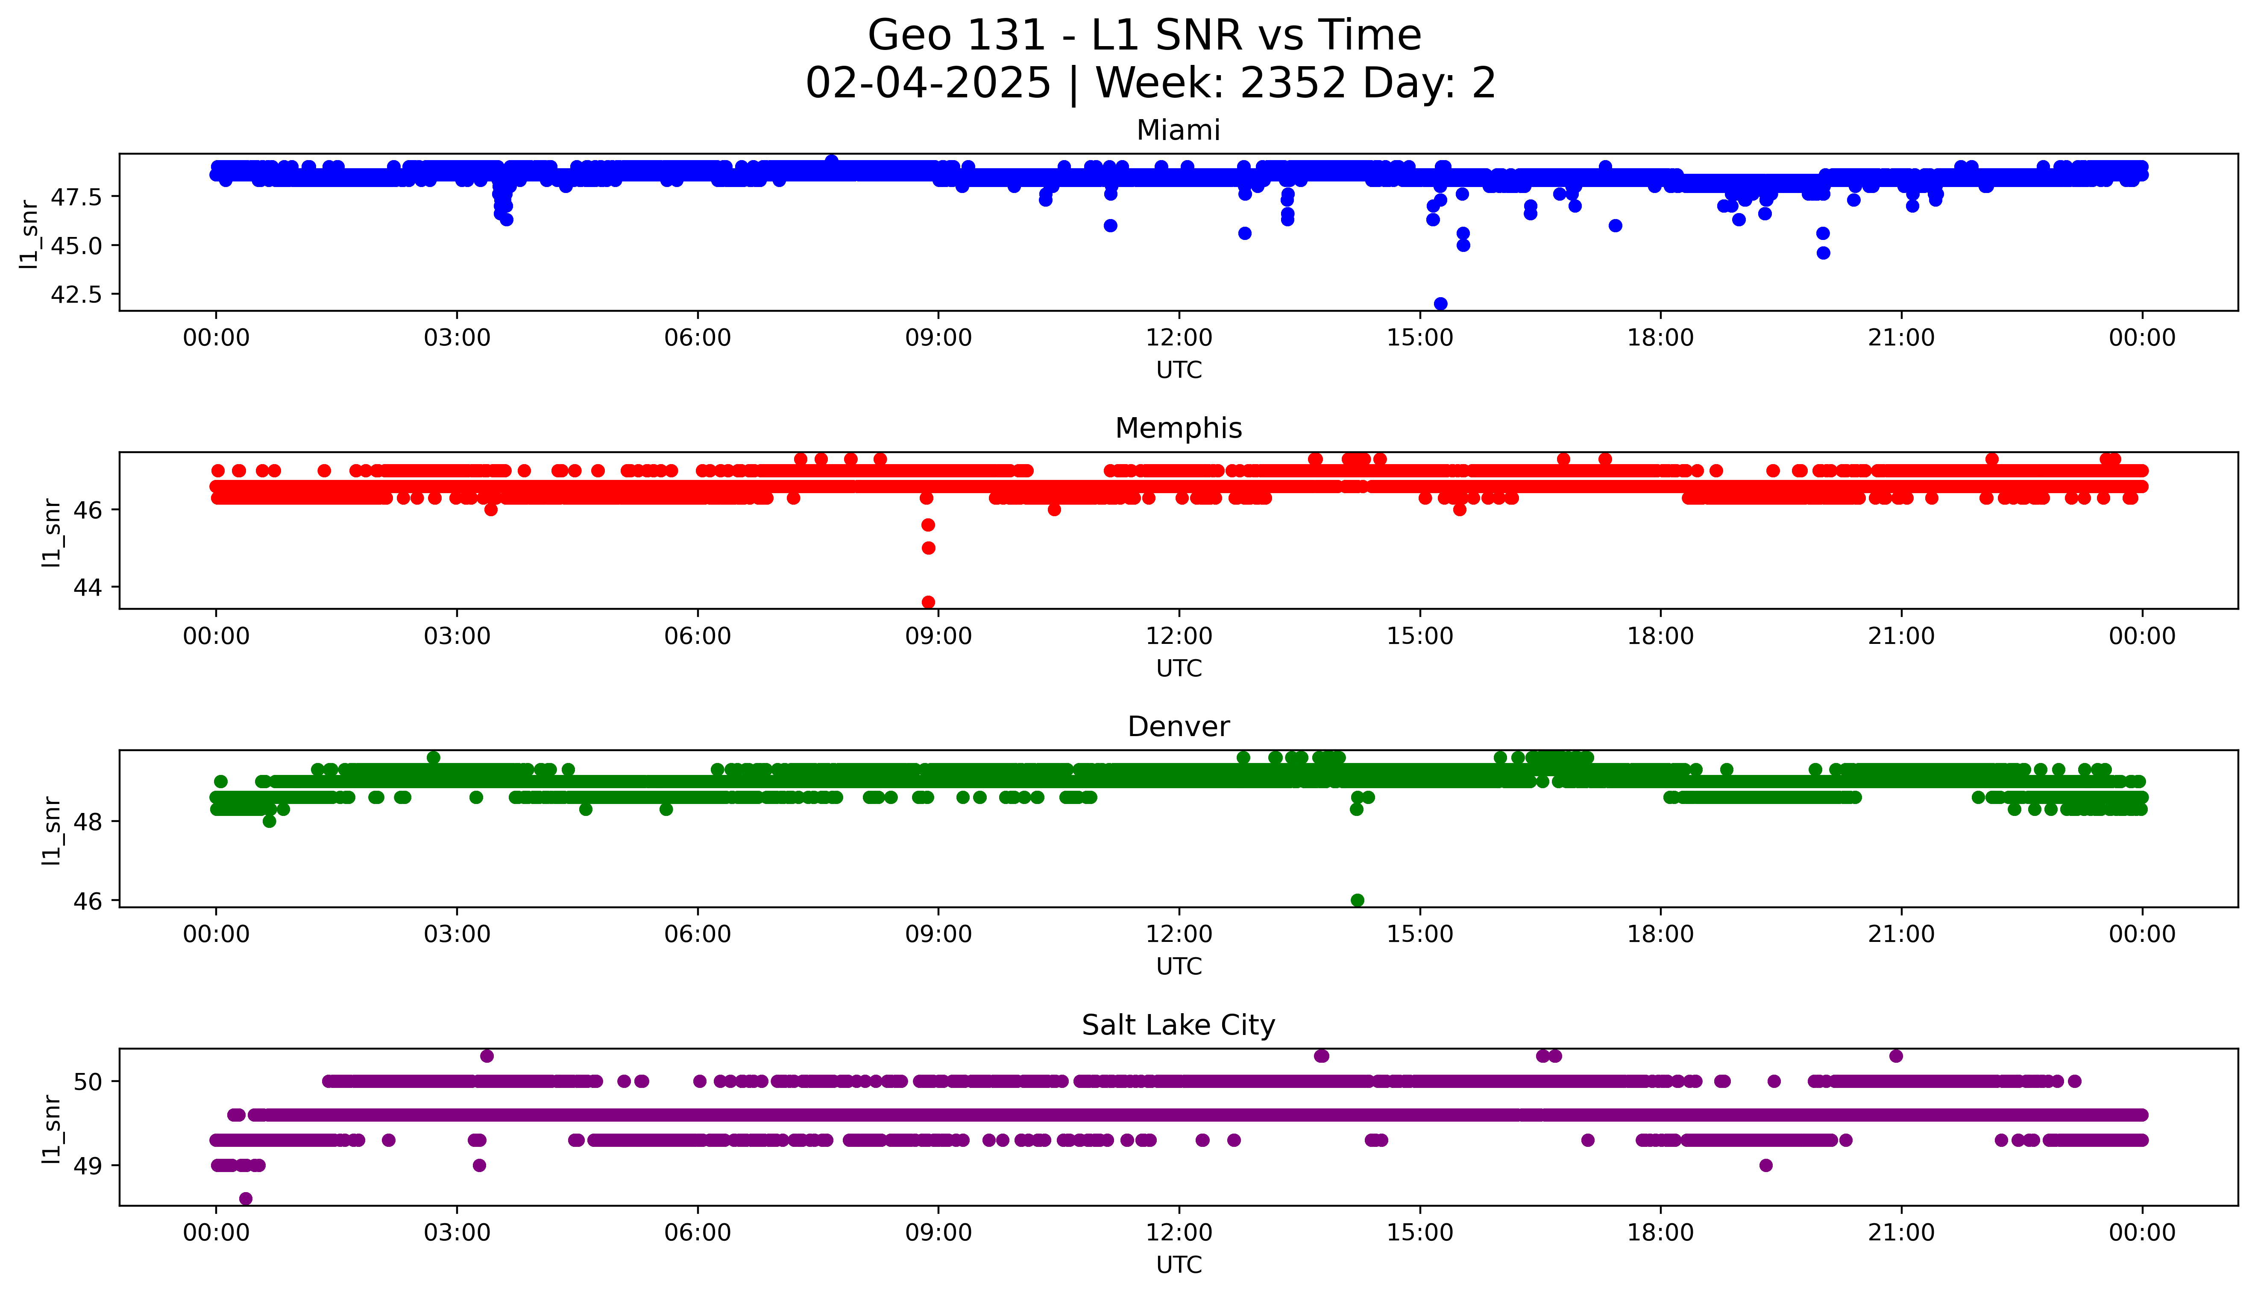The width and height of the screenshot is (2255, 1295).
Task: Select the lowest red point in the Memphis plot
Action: pyautogui.click(x=928, y=602)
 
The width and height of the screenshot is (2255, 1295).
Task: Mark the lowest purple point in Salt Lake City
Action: pyautogui.click(x=246, y=1198)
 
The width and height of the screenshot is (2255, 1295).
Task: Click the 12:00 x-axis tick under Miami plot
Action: pyautogui.click(x=1179, y=338)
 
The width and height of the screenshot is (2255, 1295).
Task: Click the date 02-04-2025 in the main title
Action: pyautogui.click(x=928, y=84)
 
